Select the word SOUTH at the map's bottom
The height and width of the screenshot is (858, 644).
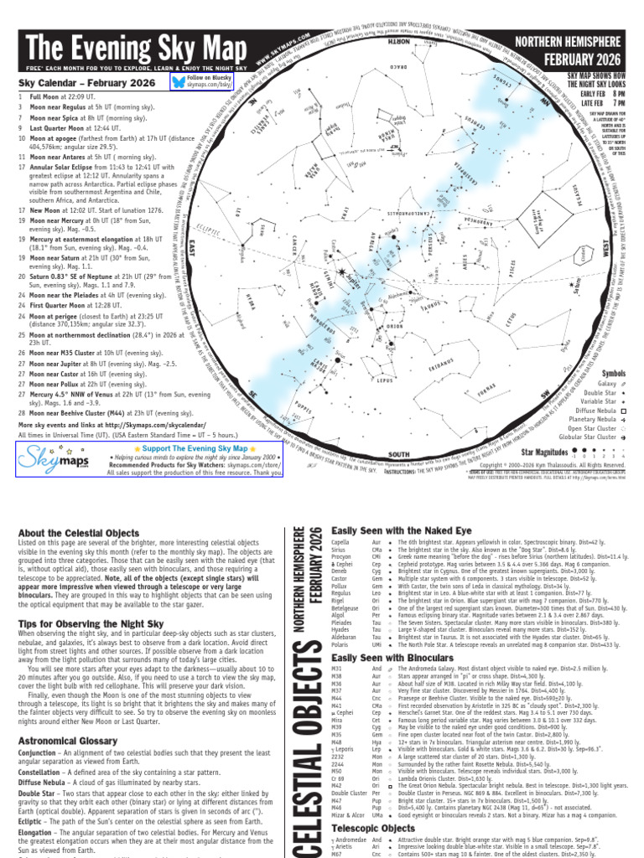click(399, 455)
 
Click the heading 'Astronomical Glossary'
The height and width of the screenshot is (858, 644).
click(66, 742)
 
